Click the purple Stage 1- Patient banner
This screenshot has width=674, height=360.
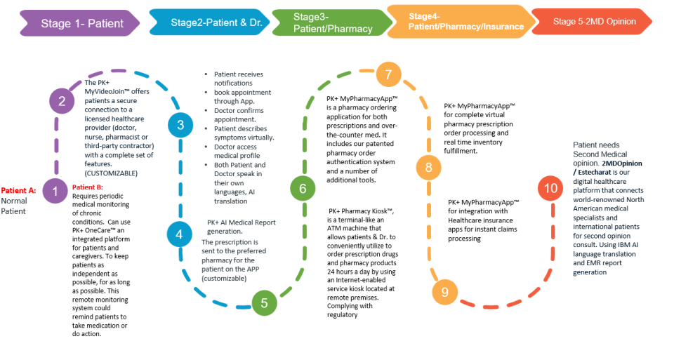coord(81,23)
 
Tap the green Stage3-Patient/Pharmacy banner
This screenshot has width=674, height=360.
coord(330,22)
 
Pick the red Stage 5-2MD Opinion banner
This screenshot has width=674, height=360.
coord(594,22)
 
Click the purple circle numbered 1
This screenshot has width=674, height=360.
coord(55,191)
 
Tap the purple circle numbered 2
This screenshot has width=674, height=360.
coord(62,102)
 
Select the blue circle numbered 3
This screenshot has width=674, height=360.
coord(180,126)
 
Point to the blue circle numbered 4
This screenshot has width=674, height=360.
coord(180,234)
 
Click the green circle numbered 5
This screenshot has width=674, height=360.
coord(264,303)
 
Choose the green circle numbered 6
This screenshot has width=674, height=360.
coord(303,188)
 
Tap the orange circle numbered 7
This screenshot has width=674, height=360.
coord(388,74)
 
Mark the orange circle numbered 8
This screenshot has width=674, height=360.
coord(428,168)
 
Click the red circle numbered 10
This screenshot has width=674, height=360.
coord(550,188)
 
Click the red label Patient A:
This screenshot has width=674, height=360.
coord(18,191)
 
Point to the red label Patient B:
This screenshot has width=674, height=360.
coord(88,187)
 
